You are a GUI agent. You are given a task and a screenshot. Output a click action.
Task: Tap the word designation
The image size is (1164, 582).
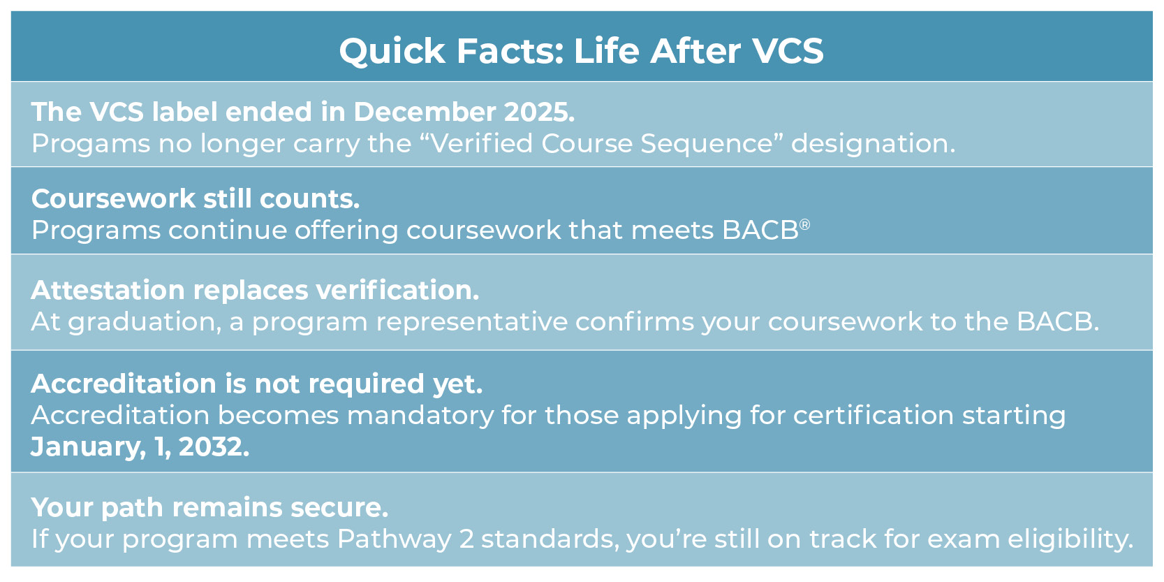coord(872,143)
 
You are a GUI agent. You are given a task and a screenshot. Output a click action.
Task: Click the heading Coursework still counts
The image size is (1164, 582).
coord(196,199)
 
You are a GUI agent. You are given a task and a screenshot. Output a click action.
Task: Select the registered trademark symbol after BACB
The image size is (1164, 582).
coord(805,224)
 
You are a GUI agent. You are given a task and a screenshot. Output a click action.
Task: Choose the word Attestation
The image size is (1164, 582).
coord(108,290)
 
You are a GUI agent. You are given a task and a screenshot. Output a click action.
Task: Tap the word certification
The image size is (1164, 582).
coord(874,416)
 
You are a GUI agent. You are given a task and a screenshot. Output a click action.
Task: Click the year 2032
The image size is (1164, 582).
coord(214,447)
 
